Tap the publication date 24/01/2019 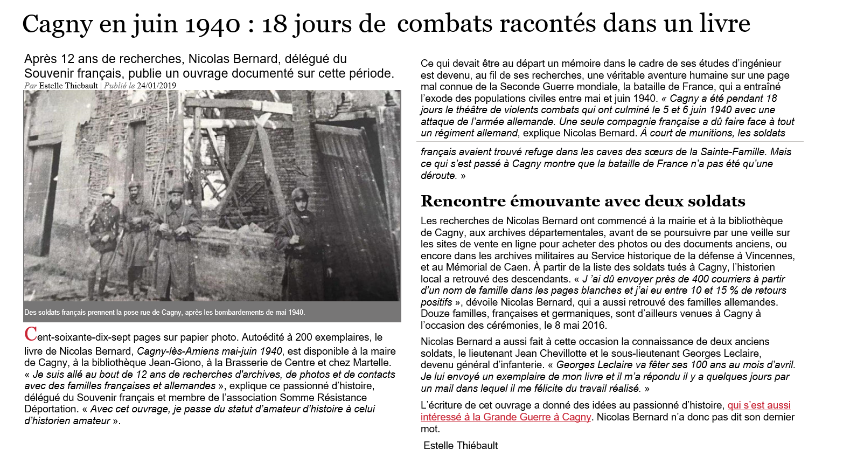(156, 86)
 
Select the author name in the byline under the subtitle (68, 86)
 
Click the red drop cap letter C (31, 335)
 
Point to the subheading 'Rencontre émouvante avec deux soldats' (583, 201)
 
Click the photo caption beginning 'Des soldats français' (164, 312)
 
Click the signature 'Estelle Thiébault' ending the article (461, 445)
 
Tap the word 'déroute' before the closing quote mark (438, 175)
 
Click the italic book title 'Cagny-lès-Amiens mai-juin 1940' (210, 351)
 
